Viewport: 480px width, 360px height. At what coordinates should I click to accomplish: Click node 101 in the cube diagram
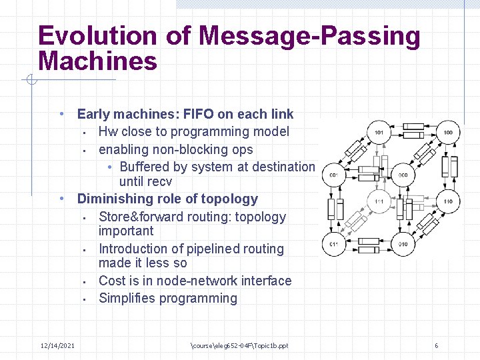click(x=379, y=133)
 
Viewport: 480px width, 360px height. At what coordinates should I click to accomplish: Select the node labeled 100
click(x=448, y=133)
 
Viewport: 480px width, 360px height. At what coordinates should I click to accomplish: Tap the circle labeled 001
click(x=333, y=175)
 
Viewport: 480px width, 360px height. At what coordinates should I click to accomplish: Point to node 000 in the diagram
click(x=403, y=175)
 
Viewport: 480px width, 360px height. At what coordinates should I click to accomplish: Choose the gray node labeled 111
click(x=379, y=201)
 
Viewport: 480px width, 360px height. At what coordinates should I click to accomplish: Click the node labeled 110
click(x=448, y=201)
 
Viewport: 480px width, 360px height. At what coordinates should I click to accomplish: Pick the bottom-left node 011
click(x=333, y=244)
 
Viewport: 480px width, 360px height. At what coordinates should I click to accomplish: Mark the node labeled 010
click(x=403, y=244)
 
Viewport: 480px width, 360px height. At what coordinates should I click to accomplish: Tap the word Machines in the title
click(x=98, y=61)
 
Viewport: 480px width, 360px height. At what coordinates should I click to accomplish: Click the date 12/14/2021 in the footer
click(x=57, y=345)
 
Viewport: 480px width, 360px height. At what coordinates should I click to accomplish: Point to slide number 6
click(x=436, y=345)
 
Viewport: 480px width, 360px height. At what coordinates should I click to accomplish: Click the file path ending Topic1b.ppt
click(x=239, y=345)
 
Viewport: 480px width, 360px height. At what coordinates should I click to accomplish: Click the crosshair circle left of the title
click(x=30, y=81)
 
